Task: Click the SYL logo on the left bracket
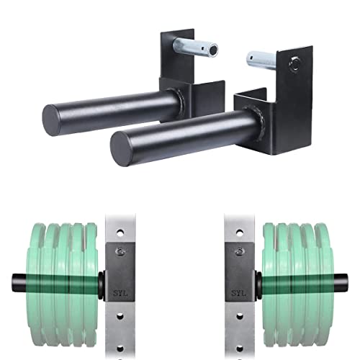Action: (x=120, y=293)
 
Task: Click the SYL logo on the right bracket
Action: (x=239, y=293)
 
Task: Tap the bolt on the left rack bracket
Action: (x=120, y=251)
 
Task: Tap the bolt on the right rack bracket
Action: (x=239, y=251)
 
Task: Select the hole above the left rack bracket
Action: (x=120, y=232)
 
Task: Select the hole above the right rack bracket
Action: (x=239, y=232)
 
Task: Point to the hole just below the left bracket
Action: (x=120, y=317)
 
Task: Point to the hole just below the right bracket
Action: (x=239, y=317)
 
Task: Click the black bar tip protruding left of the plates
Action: (x=19, y=283)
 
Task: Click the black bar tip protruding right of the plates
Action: (x=341, y=283)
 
